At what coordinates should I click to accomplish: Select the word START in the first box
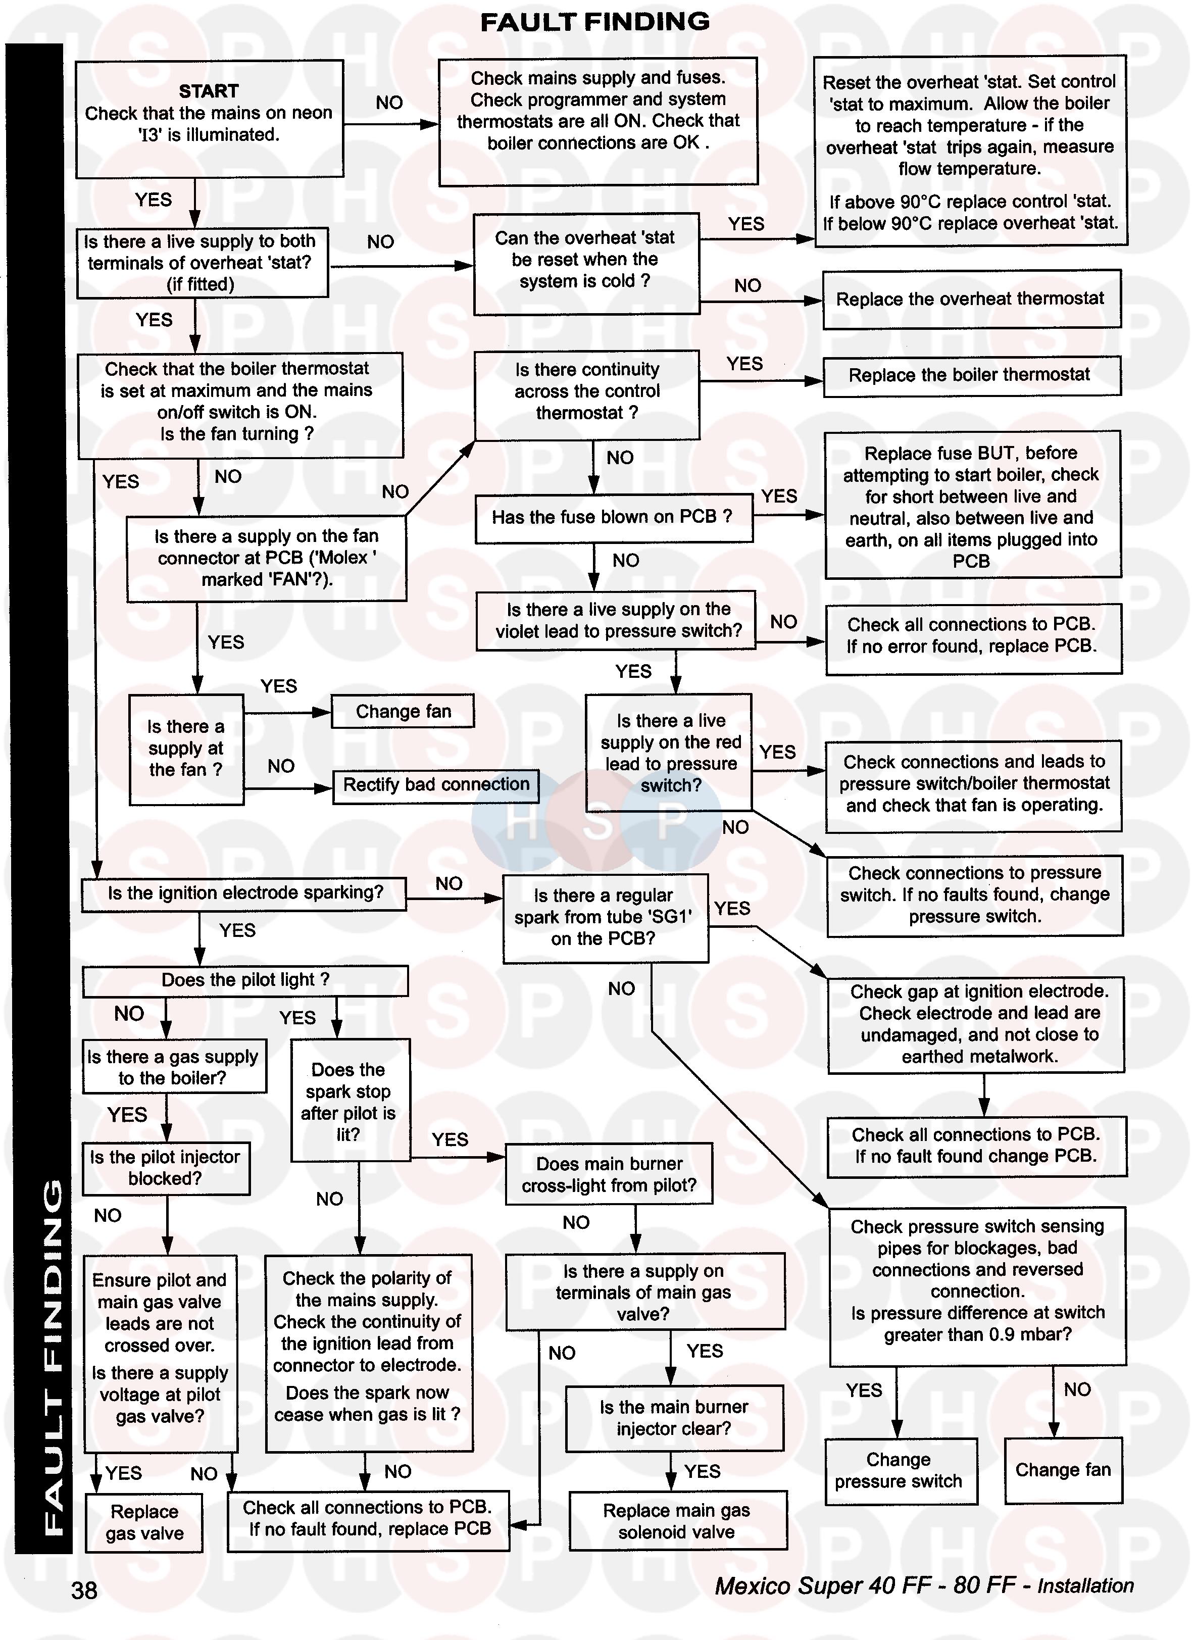(x=208, y=91)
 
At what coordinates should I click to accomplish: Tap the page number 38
(x=85, y=1590)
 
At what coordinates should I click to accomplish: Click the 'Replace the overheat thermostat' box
(x=971, y=299)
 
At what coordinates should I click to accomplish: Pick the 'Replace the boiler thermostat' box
(x=971, y=375)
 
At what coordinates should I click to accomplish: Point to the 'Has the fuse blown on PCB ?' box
(x=613, y=517)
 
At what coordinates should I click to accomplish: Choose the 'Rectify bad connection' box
(x=435, y=785)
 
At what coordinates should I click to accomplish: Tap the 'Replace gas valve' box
(x=144, y=1522)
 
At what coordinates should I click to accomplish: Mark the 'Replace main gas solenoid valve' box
(x=677, y=1521)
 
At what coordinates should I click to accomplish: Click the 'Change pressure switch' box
(x=899, y=1471)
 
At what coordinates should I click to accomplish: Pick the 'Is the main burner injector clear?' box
(x=673, y=1418)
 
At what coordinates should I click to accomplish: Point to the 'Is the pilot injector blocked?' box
(x=165, y=1168)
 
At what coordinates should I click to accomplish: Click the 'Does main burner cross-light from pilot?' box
(x=608, y=1174)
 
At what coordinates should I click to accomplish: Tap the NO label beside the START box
(x=389, y=103)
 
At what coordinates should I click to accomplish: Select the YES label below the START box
(x=154, y=200)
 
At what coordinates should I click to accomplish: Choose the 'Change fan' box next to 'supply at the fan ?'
(x=403, y=712)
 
